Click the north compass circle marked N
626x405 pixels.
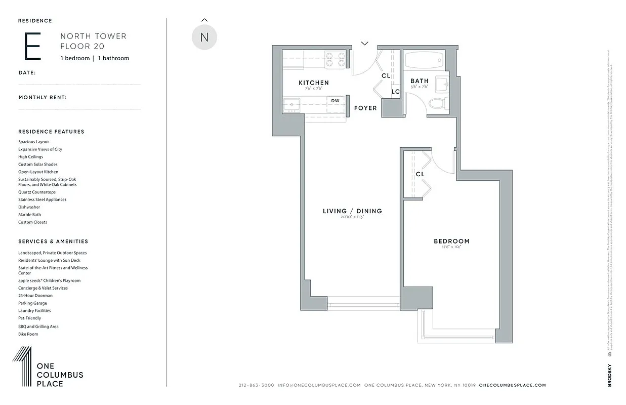(204, 37)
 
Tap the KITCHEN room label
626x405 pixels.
(313, 83)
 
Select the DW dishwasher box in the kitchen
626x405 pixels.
(335, 101)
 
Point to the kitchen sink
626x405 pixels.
(292, 105)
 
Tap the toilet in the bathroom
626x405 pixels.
(436, 104)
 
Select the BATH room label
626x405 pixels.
(419, 81)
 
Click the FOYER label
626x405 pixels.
(365, 108)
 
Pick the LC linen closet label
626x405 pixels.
(395, 92)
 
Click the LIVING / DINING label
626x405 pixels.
(352, 211)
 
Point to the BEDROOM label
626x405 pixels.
(451, 241)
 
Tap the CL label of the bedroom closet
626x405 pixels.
(420, 174)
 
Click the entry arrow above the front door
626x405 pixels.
(364, 44)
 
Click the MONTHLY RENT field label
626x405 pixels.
(43, 98)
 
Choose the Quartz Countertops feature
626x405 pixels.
(37, 192)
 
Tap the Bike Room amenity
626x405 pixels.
(28, 334)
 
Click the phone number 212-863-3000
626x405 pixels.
(256, 385)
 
